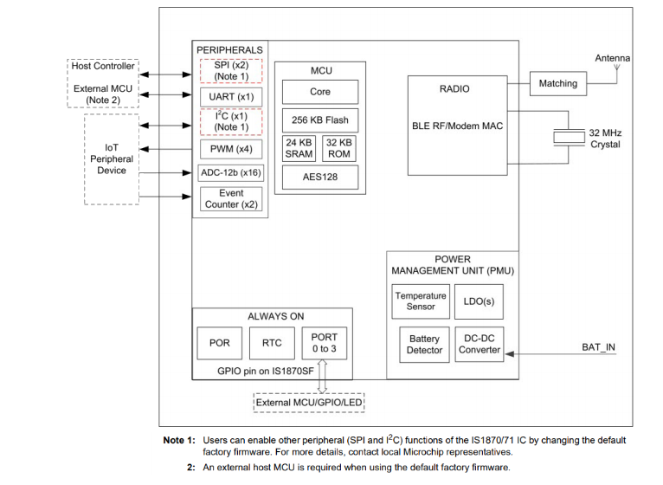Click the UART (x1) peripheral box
(230, 96)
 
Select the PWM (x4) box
(230, 148)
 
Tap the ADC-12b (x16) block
(230, 172)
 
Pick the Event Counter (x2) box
(230, 199)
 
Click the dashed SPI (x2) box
(230, 70)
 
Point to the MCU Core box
(320, 92)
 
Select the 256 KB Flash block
(320, 120)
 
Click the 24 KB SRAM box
(299, 148)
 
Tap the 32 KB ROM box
(338, 148)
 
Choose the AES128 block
(320, 177)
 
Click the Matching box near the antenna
(557, 84)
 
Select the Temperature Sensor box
(421, 301)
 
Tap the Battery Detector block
(424, 344)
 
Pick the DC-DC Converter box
(480, 344)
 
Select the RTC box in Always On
(272, 343)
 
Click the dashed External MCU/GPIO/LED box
(310, 403)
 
